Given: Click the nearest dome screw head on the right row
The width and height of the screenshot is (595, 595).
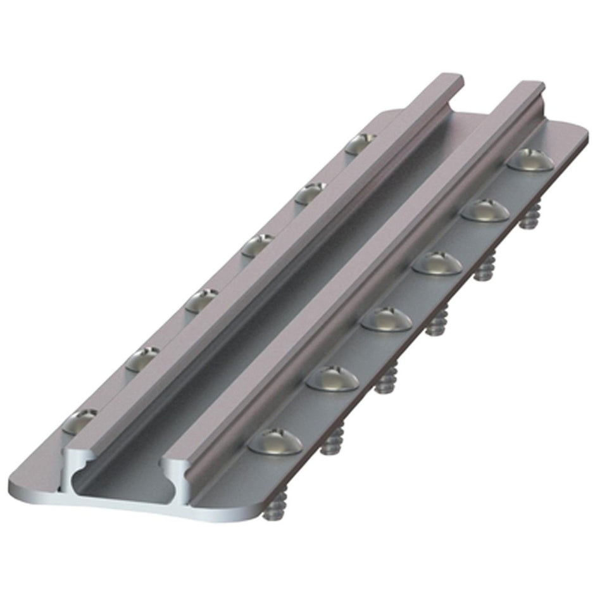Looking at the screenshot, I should [x=275, y=441].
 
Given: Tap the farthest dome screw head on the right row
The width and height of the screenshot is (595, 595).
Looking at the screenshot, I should [x=530, y=159].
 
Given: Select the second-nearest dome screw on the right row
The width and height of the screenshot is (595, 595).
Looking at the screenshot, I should [x=332, y=378].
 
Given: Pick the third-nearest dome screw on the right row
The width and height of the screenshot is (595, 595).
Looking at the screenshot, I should [x=386, y=318].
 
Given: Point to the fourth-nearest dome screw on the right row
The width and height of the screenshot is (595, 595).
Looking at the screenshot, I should [x=437, y=263].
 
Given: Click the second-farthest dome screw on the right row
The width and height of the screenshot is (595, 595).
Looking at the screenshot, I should [x=484, y=210].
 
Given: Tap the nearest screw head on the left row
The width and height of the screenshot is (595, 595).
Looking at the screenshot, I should [x=82, y=420].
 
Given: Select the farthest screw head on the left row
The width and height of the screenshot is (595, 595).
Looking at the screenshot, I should [x=361, y=143].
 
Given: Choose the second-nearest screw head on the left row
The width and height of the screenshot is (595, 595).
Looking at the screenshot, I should [x=141, y=359].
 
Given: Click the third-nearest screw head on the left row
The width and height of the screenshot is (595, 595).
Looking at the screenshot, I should [x=201, y=299].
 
